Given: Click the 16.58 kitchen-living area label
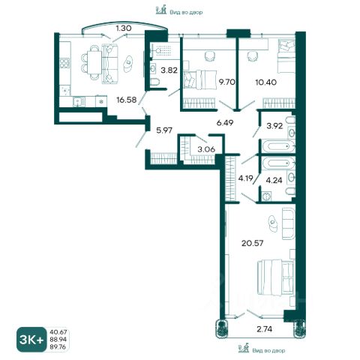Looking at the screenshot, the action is pyautogui.click(x=127, y=100).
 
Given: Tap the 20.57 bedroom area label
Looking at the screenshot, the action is pyautogui.click(x=253, y=243).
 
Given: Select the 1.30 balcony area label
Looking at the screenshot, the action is pyautogui.click(x=124, y=28).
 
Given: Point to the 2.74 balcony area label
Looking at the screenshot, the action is pyautogui.click(x=265, y=329).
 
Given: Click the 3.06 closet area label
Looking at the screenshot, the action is pyautogui.click(x=206, y=149).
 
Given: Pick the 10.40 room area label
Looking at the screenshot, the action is pyautogui.click(x=266, y=82).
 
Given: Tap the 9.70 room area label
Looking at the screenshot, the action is pyautogui.click(x=227, y=82).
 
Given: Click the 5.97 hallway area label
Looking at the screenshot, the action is pyautogui.click(x=165, y=130).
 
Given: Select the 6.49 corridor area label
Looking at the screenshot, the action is pyautogui.click(x=225, y=123).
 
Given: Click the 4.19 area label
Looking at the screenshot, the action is pyautogui.click(x=246, y=178).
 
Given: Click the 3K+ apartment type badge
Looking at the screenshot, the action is pyautogui.click(x=31, y=339).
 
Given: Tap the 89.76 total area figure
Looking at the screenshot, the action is pyautogui.click(x=58, y=346).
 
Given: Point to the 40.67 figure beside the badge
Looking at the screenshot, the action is pyautogui.click(x=58, y=331).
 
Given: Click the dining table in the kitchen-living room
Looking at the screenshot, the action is pyautogui.click(x=94, y=62).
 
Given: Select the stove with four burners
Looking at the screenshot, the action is pyautogui.click(x=64, y=62).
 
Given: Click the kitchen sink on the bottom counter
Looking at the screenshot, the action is pyautogui.click(x=79, y=101).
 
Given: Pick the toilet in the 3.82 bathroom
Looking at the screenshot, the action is pyautogui.click(x=156, y=82).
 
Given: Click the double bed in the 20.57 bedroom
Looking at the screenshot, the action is pyautogui.click(x=276, y=277).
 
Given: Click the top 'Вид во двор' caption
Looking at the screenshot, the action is pyautogui.click(x=186, y=12).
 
